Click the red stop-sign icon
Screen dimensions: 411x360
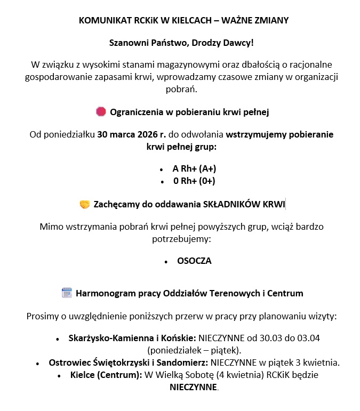[101, 111]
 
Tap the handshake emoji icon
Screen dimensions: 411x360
[84, 204]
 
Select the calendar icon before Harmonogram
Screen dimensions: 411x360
[67, 293]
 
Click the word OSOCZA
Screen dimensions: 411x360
[194, 261]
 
